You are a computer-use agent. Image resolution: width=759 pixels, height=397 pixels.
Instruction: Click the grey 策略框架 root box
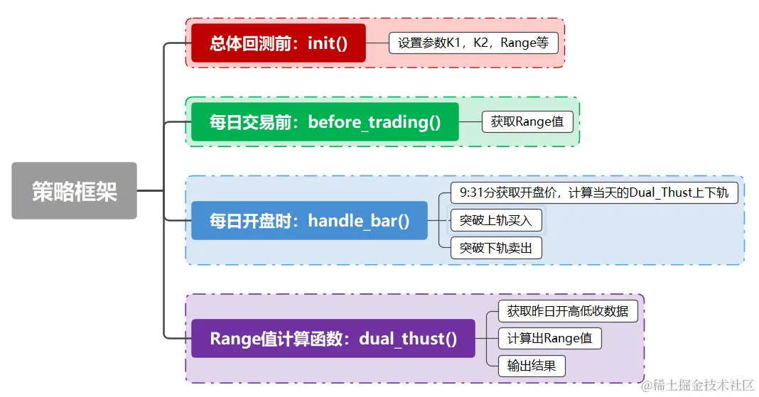[x=74, y=190]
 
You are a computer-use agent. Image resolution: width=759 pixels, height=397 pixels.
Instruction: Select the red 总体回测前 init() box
[x=279, y=43]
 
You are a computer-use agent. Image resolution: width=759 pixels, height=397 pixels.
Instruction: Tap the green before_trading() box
[x=325, y=121]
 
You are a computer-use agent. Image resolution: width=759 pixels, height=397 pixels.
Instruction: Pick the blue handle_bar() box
[x=309, y=220]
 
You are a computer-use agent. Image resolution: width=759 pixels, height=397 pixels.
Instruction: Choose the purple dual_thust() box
[x=333, y=338]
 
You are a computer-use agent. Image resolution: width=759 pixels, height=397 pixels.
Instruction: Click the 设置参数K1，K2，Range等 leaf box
[x=473, y=43]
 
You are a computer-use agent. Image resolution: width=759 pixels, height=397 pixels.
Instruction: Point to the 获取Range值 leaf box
[x=527, y=121]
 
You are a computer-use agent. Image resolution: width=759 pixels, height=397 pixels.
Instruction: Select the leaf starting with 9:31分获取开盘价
[x=593, y=192]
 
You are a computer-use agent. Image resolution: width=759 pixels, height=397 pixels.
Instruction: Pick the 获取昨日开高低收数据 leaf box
[x=563, y=311]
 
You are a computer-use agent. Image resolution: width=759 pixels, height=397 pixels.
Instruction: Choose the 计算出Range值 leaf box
[x=549, y=338]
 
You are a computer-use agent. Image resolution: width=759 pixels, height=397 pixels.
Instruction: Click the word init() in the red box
[x=328, y=43]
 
